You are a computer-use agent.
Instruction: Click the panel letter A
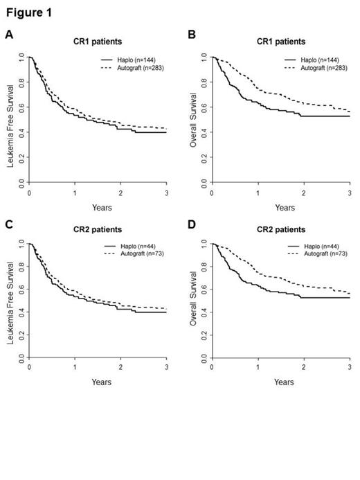[9, 34]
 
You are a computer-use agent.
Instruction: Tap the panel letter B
[192, 34]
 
